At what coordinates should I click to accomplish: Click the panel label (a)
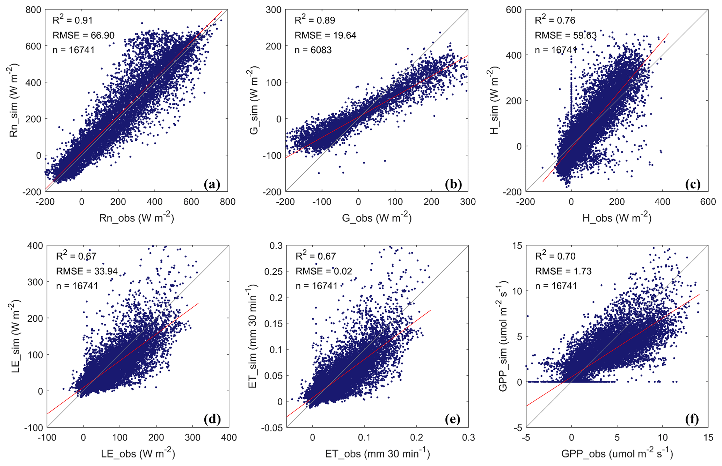[212, 184]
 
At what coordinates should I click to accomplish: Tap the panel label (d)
[213, 419]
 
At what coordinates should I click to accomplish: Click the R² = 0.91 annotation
[73, 20]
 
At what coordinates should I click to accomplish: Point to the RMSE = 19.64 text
[325, 35]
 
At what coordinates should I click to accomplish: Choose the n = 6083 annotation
[313, 50]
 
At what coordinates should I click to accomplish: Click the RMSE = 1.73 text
[563, 271]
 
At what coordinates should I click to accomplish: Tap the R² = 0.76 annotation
[555, 20]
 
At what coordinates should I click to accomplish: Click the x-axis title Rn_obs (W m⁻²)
[137, 218]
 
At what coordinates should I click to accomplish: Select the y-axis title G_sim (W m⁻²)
[254, 101]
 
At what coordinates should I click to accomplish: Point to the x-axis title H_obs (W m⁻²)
[617, 218]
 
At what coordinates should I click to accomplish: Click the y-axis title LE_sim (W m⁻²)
[16, 336]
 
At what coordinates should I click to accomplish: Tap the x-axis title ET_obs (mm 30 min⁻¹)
[377, 453]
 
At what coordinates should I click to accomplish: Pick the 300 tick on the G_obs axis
[468, 202]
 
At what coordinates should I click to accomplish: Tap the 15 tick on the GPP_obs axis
[708, 437]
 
